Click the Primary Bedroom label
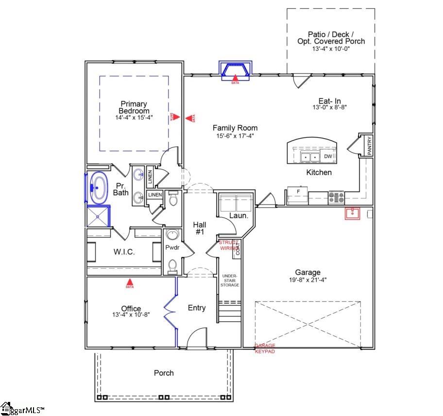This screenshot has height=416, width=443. (x=135, y=107)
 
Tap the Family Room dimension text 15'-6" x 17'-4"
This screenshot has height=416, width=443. (x=235, y=136)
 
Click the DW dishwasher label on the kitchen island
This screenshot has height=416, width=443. (x=328, y=156)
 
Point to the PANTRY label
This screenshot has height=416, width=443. (x=370, y=146)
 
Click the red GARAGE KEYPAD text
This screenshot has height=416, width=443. (x=265, y=349)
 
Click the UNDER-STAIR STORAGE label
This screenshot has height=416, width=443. (x=230, y=281)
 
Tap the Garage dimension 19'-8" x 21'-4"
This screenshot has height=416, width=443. (x=308, y=280)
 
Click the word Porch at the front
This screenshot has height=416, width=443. (x=164, y=373)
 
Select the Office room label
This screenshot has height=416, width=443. (x=131, y=308)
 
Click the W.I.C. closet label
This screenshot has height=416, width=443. (x=124, y=252)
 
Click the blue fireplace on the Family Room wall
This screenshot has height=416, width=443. (x=235, y=70)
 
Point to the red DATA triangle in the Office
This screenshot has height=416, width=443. (x=130, y=282)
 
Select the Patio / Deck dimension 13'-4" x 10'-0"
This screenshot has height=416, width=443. (x=331, y=49)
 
